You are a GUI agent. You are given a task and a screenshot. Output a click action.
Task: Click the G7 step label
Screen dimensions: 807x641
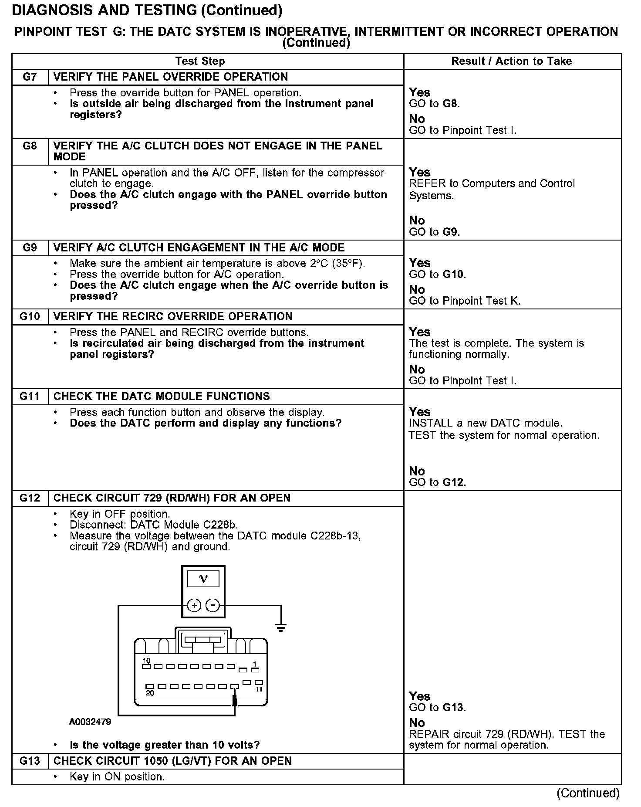30,77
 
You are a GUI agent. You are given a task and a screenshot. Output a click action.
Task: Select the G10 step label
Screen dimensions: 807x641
30,316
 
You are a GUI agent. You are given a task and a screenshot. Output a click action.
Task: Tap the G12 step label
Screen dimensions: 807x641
30,498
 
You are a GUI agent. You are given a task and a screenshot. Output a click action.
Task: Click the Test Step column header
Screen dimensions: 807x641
200,61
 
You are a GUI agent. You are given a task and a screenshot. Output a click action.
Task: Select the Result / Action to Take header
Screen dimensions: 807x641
511,61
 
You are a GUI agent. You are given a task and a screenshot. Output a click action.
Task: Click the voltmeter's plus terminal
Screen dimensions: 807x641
194,605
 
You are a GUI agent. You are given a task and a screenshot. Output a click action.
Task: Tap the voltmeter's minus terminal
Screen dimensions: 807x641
213,605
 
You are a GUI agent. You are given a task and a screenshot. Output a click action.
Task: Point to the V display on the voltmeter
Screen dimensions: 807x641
203,579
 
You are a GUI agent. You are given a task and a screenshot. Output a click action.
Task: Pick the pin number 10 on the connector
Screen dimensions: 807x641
146,661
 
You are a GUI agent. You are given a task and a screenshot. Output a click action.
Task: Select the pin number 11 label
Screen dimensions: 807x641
259,689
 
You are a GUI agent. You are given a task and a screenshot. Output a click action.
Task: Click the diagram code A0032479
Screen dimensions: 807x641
90,722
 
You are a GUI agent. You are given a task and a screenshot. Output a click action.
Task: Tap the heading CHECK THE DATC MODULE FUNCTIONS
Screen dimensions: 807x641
162,397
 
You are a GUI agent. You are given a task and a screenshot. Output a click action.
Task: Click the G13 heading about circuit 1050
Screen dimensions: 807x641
172,761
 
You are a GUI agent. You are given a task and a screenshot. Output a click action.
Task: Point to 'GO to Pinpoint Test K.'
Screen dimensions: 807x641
465,301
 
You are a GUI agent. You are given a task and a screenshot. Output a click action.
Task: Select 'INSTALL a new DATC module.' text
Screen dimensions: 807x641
486,423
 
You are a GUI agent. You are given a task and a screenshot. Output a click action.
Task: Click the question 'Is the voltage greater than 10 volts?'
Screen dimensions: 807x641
165,745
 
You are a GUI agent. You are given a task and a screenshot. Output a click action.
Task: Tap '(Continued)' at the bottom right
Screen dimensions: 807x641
588,793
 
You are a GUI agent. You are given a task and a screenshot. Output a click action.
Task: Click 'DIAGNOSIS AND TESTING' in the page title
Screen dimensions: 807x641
105,10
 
